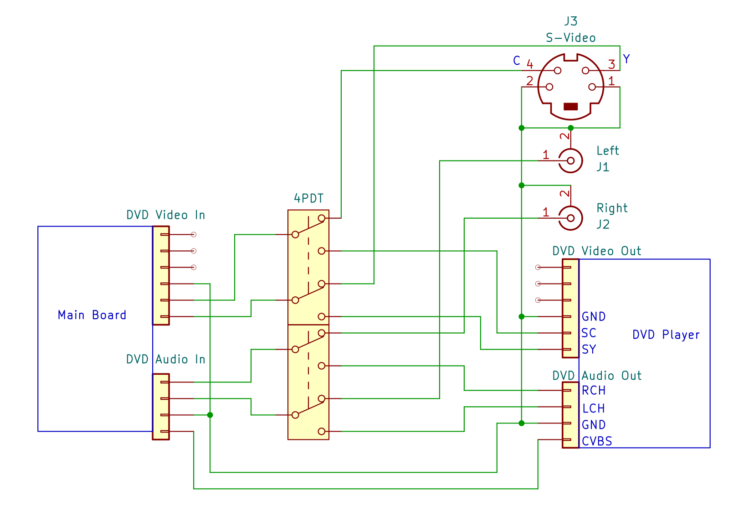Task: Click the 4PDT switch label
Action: tap(308, 198)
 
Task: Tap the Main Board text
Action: tap(92, 315)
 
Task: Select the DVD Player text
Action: tap(666, 335)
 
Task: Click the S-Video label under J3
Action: tap(570, 38)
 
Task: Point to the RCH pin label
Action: tap(594, 391)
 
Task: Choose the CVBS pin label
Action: tap(597, 441)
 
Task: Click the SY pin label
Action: tap(589, 350)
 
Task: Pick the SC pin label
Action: tap(589, 333)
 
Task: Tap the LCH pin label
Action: tap(594, 408)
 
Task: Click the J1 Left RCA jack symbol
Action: tap(570, 161)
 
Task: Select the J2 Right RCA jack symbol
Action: tap(570, 218)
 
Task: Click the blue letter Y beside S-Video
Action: tap(626, 59)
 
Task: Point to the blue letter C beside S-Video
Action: tap(516, 61)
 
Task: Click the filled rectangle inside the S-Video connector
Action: tap(570, 107)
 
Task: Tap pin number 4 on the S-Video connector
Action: tap(530, 64)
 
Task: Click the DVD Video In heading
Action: tap(165, 215)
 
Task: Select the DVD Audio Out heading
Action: tap(597, 376)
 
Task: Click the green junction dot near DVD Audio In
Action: tap(210, 415)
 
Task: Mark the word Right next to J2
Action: tap(612, 208)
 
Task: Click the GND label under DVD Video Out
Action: tap(594, 317)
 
